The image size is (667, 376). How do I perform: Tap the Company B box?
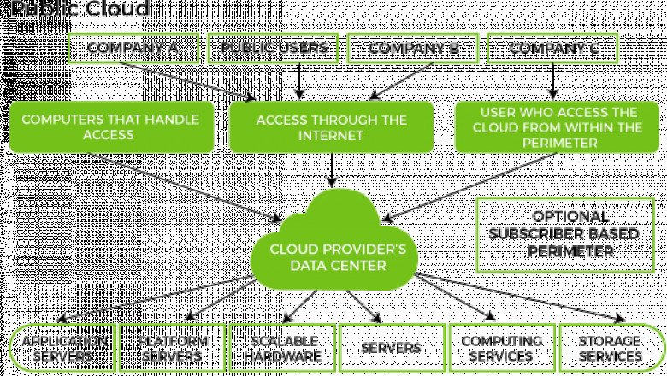(414, 49)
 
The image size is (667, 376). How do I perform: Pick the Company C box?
(553, 49)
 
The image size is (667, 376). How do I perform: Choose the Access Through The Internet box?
(332, 126)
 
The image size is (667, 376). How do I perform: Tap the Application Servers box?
(62, 348)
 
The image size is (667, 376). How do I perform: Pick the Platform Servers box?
(172, 348)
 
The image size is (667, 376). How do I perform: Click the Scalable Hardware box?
(280, 348)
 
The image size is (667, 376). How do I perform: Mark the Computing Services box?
(501, 348)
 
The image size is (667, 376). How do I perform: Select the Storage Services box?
(610, 348)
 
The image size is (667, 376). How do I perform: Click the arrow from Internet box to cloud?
(332, 171)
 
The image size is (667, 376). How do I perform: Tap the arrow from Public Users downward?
(298, 79)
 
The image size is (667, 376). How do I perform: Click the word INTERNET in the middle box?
(332, 134)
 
